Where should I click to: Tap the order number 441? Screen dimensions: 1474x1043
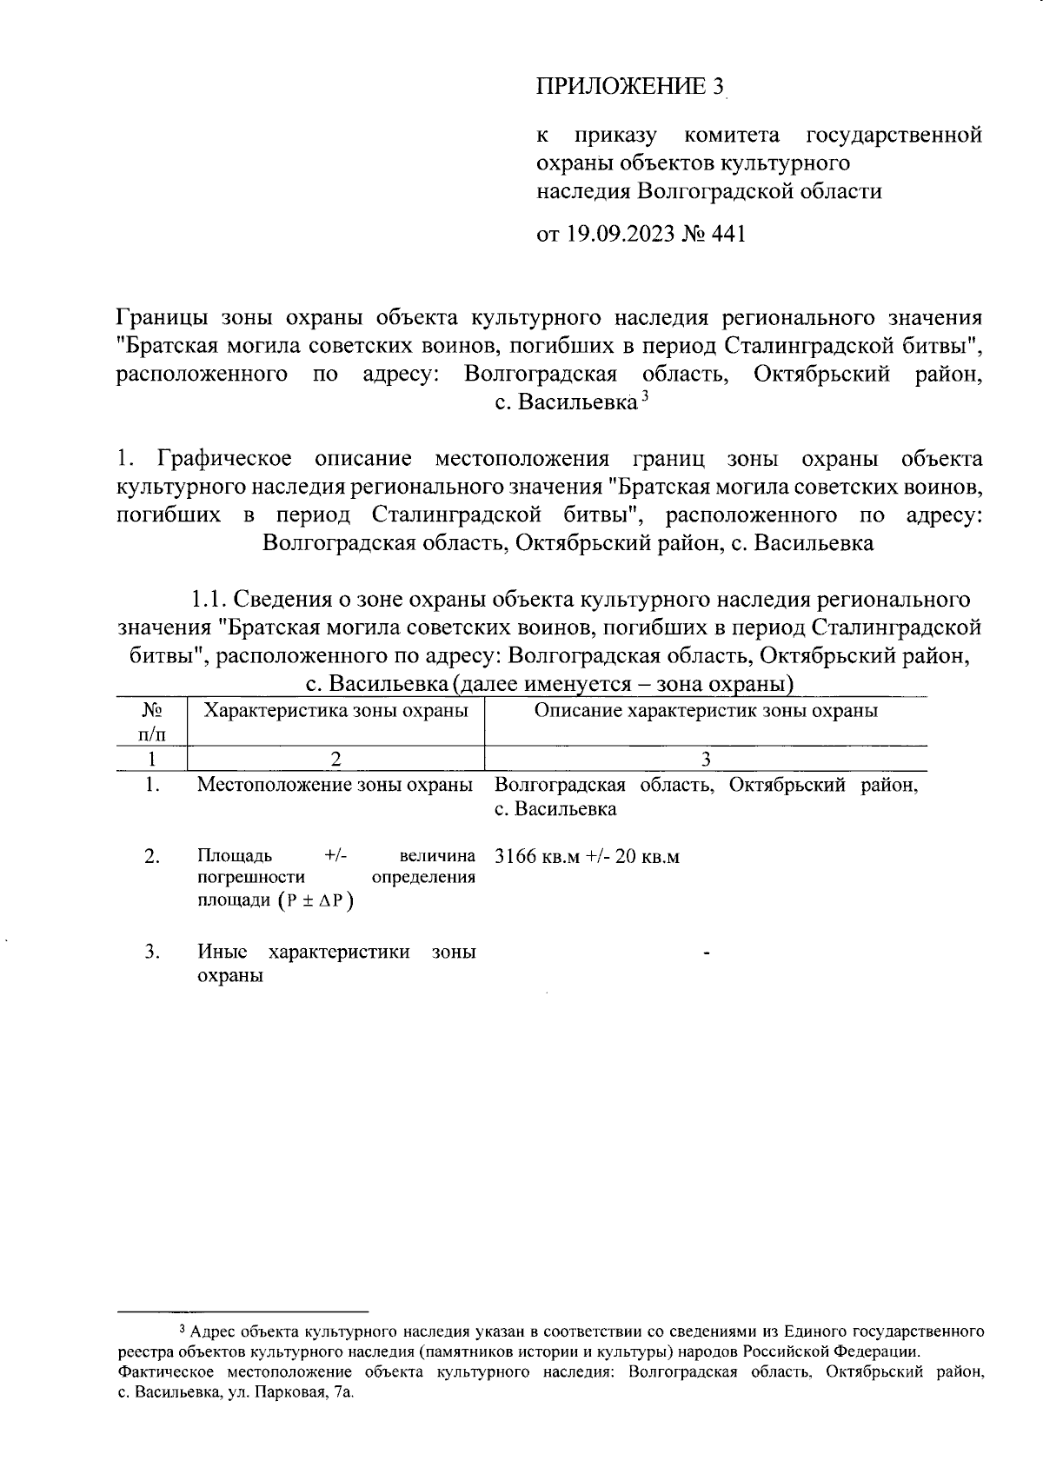728,235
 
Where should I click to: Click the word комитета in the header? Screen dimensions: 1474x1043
732,136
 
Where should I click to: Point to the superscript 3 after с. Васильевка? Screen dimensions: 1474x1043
645,397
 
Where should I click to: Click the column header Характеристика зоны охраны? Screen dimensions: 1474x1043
335,710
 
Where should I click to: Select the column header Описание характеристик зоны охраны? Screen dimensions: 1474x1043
705,710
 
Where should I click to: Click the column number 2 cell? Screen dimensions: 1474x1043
335,759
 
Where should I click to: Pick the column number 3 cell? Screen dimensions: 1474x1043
706,759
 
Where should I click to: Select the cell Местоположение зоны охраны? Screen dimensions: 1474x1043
335,785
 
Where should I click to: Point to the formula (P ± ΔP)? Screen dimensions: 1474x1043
316,900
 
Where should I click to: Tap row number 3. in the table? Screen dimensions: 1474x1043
152,952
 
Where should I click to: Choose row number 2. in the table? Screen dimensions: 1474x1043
152,857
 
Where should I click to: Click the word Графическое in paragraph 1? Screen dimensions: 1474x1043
224,458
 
